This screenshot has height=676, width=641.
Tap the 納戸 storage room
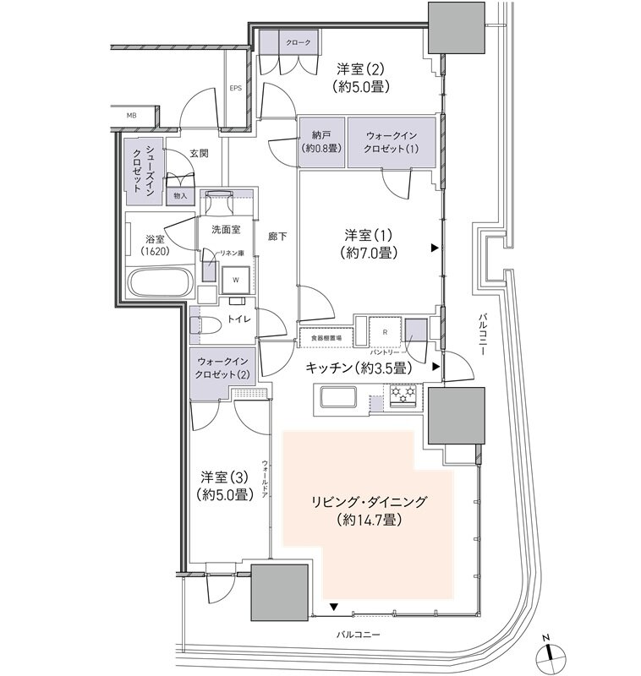[x=321, y=140]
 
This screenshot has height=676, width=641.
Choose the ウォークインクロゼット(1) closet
[x=392, y=140]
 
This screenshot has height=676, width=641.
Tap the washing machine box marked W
[x=235, y=279]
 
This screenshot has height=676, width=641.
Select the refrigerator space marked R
[x=385, y=331]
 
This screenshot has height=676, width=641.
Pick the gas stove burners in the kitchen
[x=403, y=394]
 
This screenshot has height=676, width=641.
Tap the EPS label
[x=235, y=88]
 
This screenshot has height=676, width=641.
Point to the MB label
[x=131, y=114]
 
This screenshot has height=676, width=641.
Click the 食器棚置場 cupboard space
[x=325, y=338]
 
